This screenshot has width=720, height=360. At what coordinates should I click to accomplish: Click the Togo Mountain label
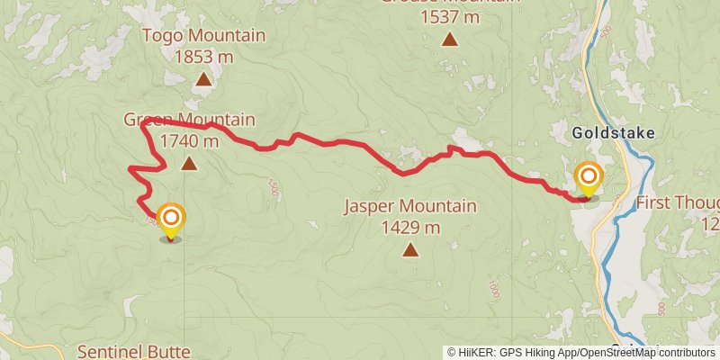[204, 36]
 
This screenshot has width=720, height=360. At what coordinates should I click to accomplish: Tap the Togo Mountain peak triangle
[204, 79]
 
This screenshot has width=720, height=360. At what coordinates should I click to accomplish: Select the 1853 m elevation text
[204, 56]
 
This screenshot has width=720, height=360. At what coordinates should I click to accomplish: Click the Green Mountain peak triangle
[189, 163]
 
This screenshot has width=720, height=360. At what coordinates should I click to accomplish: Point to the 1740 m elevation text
[189, 140]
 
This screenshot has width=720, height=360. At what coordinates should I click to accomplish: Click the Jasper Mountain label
[410, 207]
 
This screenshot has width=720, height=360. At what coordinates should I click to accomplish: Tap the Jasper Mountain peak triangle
[410, 249]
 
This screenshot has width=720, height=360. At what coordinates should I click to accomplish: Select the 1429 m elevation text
[410, 227]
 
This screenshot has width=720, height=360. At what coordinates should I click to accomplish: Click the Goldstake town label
[613, 133]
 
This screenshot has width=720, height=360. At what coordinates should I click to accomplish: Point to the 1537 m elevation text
[448, 16]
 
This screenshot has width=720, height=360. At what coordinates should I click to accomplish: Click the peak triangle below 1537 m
[448, 39]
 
